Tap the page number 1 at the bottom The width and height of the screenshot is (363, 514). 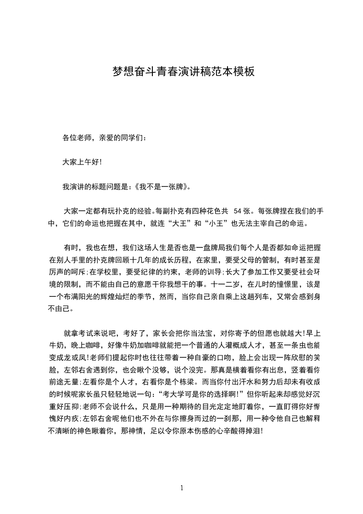pyautogui.click(x=182, y=488)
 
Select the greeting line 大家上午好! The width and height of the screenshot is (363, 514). pyautogui.click(x=82, y=162)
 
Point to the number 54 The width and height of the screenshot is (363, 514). pyautogui.click(x=238, y=212)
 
